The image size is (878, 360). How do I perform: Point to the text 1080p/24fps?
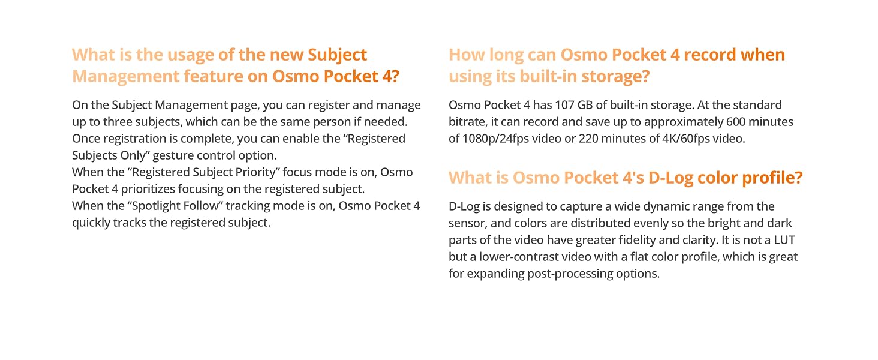coord(495,139)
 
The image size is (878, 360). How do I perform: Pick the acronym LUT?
coord(784,240)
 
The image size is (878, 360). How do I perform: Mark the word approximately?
coord(683,122)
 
